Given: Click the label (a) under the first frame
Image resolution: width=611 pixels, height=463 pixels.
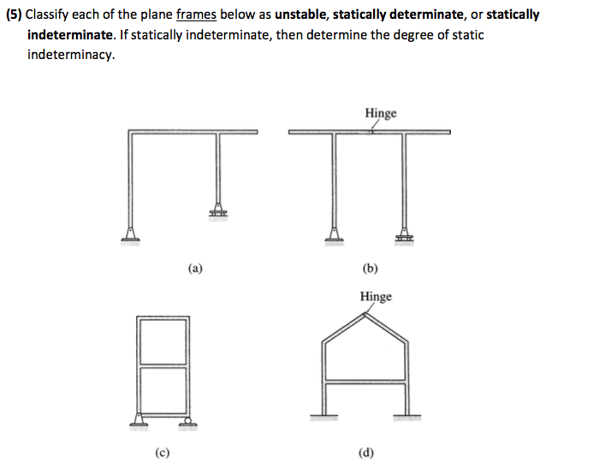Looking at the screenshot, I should [196, 268].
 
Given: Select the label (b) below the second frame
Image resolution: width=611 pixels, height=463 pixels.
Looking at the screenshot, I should [370, 268].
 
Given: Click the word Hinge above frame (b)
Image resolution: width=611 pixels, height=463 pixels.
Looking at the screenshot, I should [381, 113].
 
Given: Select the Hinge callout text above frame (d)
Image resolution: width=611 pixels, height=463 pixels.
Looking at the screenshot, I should [376, 296].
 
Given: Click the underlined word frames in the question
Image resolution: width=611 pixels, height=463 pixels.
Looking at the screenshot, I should [196, 15].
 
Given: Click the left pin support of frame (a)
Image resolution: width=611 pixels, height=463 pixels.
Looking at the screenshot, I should [131, 233].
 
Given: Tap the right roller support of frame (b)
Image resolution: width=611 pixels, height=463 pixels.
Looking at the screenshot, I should [403, 233].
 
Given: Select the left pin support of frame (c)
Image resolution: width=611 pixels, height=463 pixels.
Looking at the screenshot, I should [139, 418].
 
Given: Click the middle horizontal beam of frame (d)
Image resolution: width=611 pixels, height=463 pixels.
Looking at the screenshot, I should [368, 384].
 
